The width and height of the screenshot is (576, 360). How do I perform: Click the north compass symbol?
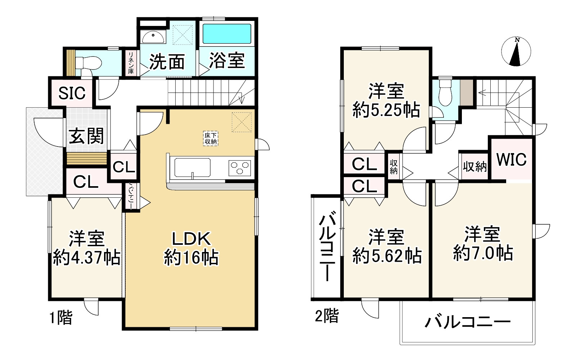coord(517,52)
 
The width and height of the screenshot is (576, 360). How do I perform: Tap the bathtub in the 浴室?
coord(227,34)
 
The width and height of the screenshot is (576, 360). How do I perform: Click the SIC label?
coord(72,93)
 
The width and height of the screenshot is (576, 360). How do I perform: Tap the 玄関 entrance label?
coord(86,136)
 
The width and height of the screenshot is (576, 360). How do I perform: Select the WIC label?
coord(511,159)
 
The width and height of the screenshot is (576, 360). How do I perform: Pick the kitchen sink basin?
coord(192,167)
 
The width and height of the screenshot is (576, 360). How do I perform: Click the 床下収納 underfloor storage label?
coord(211,139)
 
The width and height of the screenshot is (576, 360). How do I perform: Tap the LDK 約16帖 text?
coord(191,248)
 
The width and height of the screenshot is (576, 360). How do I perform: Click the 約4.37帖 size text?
coord(87,258)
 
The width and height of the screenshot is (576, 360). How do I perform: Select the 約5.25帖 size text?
coord(386,110)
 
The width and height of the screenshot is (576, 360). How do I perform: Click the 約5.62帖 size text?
coord(387,256)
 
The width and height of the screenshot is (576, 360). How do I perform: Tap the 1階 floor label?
coord(61,318)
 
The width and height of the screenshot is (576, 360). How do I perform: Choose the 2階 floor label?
coord(327,316)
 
